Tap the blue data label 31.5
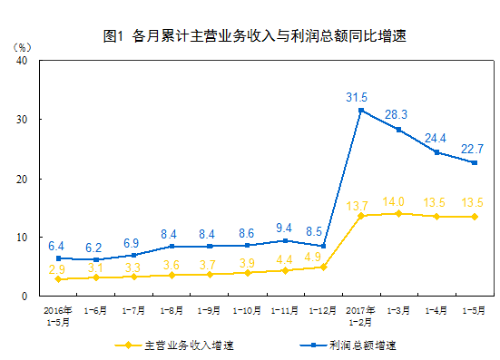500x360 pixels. click(x=357, y=97)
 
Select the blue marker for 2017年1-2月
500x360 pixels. click(x=361, y=111)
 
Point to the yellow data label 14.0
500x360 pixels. click(x=393, y=201)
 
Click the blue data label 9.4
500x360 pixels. click(x=285, y=228)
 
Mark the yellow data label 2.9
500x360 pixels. click(x=57, y=269)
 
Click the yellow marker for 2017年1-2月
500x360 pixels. click(x=361, y=216)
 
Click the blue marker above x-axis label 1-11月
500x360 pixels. click(x=285, y=240)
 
